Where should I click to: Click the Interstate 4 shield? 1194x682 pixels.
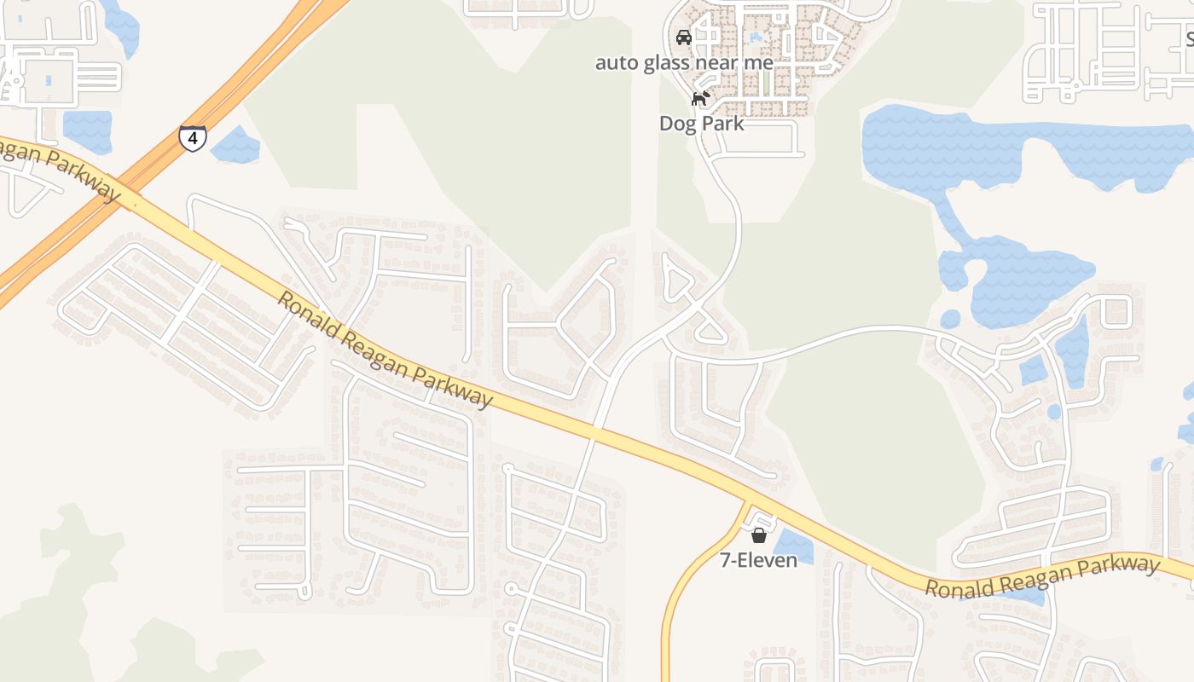192,138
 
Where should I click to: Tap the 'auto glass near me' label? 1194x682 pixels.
684,62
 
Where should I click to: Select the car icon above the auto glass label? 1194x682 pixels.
683,37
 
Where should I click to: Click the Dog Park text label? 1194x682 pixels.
701,124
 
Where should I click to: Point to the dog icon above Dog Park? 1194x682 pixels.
700,98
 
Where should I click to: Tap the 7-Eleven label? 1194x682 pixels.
758,560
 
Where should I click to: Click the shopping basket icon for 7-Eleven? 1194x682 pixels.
758,535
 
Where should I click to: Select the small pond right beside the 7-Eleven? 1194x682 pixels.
793,546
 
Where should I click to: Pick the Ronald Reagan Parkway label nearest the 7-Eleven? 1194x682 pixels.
1042,577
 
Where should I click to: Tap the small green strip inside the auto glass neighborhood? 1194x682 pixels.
765,82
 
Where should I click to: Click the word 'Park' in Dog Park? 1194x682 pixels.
723,124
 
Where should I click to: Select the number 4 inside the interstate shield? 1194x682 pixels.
192,138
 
